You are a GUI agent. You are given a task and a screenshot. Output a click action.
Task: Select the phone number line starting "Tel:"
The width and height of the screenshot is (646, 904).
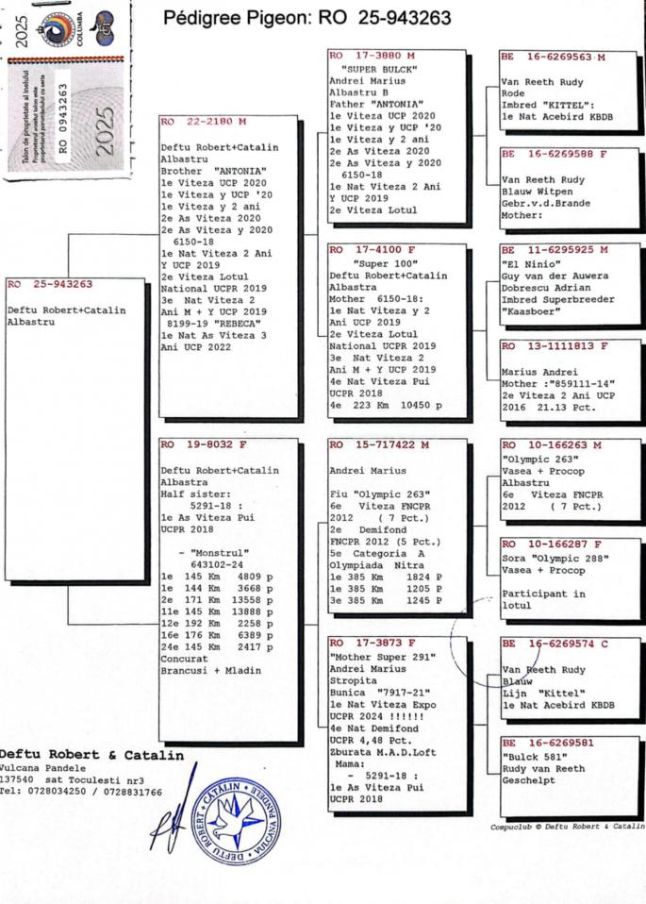pos(81,792)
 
